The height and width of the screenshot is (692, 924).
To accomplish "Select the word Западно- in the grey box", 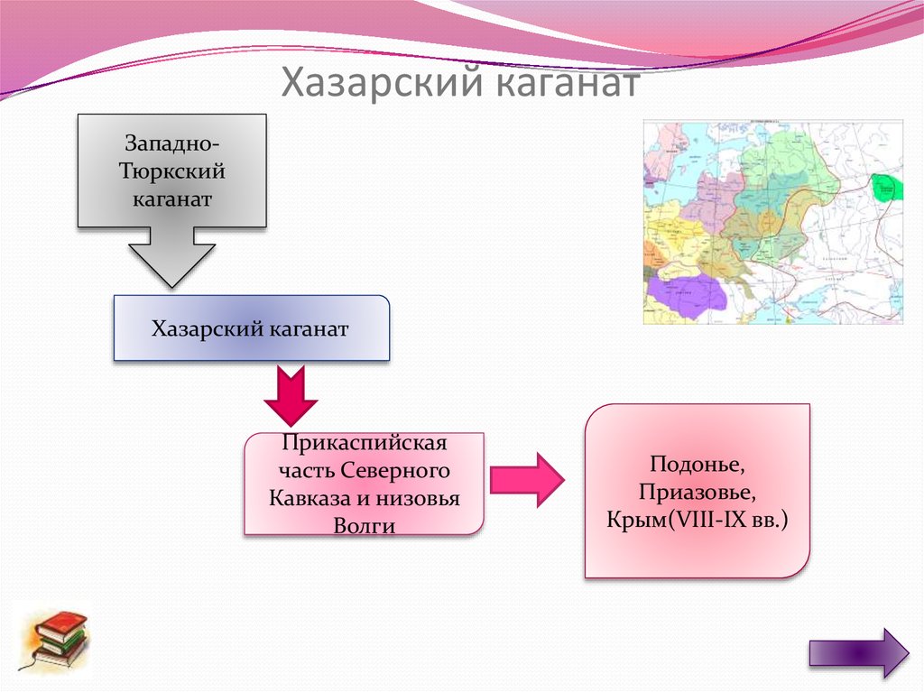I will coord(171,143).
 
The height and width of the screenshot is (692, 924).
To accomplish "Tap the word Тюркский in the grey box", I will coord(171,171).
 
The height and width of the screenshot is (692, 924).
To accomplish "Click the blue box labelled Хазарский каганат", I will coord(251,328).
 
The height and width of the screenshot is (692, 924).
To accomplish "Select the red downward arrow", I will coord(291,396).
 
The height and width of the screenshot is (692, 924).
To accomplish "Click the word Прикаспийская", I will coord(364,445).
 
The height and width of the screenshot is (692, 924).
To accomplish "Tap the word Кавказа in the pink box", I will coord(306,499).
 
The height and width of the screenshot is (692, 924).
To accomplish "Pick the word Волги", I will coord(364,526).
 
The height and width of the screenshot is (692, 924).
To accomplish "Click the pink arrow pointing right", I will coord(526,480).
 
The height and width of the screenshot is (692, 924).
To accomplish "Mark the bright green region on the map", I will coord(889,188).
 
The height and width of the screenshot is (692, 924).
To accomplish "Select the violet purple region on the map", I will coord(686,293).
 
